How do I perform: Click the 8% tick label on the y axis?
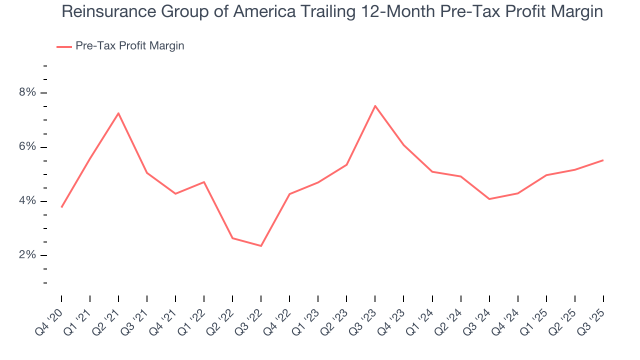(27, 92)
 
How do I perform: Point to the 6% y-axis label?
(27, 147)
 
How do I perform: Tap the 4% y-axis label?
(27, 201)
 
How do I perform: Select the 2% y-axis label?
(27, 255)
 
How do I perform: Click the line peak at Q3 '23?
(375, 105)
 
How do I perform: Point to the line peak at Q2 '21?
(118, 113)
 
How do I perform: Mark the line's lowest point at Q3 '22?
(261, 246)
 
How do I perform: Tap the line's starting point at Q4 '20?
(61, 207)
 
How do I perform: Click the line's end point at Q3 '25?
(603, 160)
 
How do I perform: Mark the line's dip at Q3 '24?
(489, 199)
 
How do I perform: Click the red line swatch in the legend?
(64, 46)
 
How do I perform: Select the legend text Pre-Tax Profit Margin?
(130, 46)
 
